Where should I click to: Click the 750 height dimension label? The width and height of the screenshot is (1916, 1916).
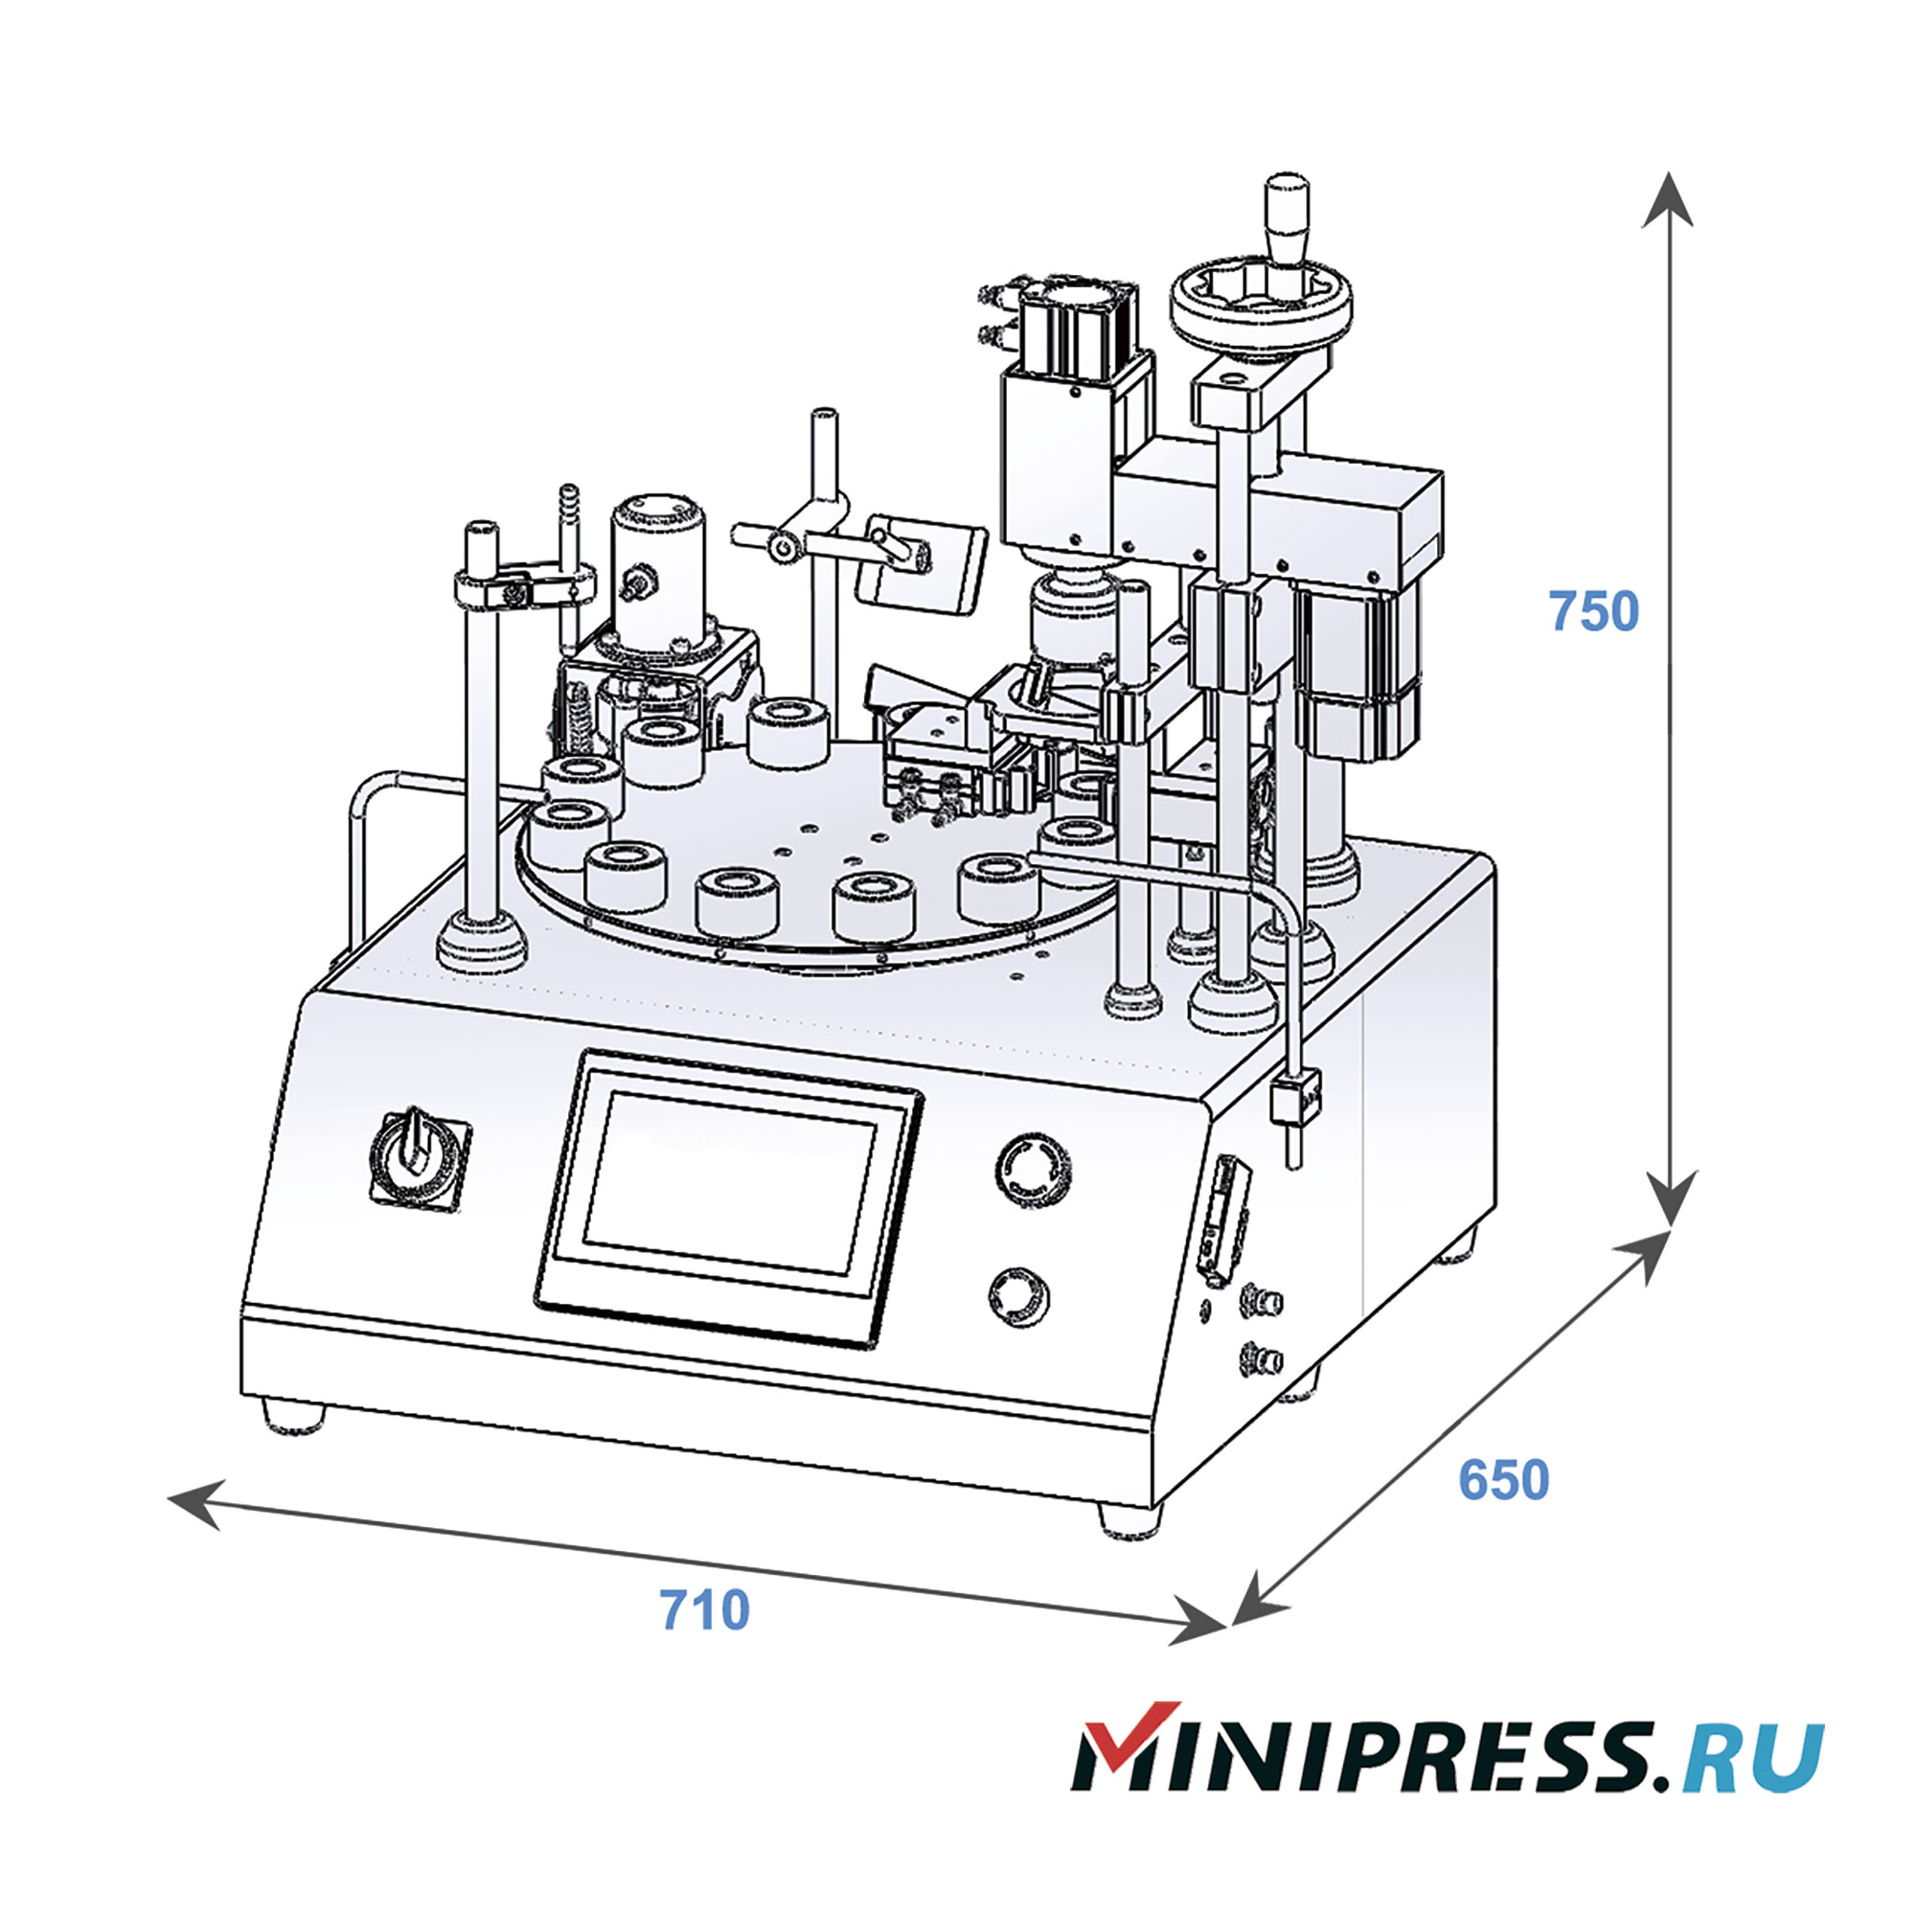click(1594, 612)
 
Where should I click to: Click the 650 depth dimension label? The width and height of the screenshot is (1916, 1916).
click(1502, 1481)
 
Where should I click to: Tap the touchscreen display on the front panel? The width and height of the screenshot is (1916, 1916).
click(730, 1183)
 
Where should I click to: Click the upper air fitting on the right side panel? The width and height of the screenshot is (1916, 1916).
click(1262, 1300)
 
